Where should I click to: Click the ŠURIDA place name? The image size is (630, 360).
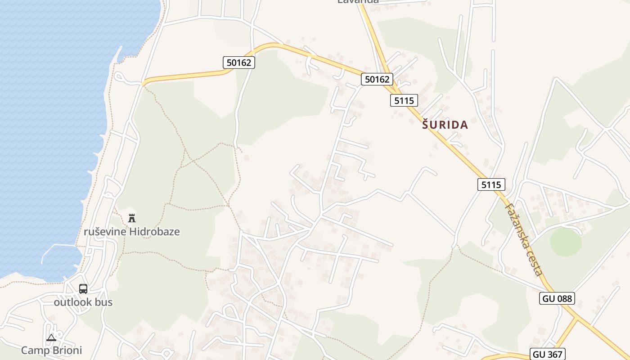pos(445,125)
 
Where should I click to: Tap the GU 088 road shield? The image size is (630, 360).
pos(557,298)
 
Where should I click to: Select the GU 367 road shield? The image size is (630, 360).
pos(547,354)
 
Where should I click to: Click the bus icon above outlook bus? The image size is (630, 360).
pos(83,289)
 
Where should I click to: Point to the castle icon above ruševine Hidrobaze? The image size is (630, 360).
pos(132,218)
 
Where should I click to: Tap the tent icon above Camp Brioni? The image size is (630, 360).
pos(51,337)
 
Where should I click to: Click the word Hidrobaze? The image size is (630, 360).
pos(154,232)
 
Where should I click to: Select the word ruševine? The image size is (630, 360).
pos(105,232)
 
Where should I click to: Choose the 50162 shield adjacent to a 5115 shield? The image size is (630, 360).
pos(377,80)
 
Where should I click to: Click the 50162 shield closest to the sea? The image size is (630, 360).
pos(239,63)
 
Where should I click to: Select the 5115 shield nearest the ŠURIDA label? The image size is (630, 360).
pos(404,100)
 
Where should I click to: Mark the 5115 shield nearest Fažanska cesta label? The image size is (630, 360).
pos(491,184)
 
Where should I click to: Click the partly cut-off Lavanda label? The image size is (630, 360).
pos(358,2)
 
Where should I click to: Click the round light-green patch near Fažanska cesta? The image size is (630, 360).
pos(566,242)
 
